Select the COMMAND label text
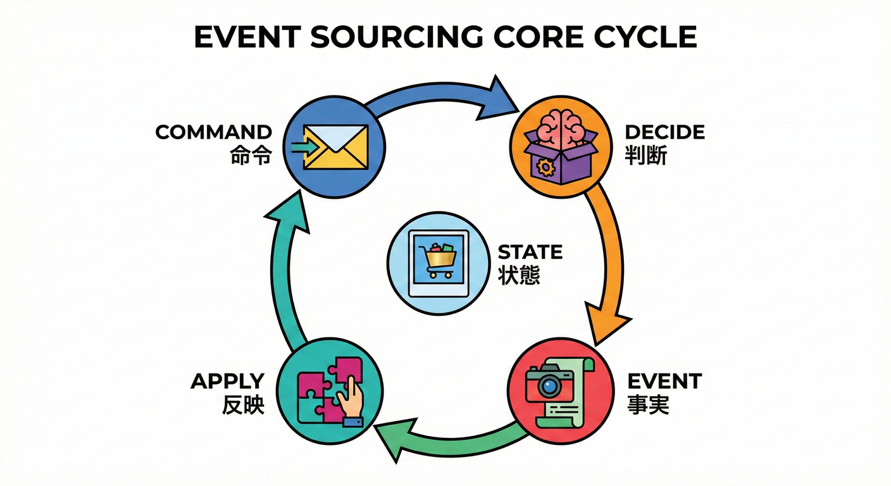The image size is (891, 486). coord(214,132)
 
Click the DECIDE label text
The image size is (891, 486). coord(664,132)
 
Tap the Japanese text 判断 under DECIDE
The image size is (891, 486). coord(645,156)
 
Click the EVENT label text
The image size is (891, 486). coord(664,382)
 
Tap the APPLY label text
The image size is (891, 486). coord(227,382)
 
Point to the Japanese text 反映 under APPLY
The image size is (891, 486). coord(243,405)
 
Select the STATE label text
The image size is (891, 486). coord(530,252)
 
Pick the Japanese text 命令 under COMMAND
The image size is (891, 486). coord(251,156)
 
